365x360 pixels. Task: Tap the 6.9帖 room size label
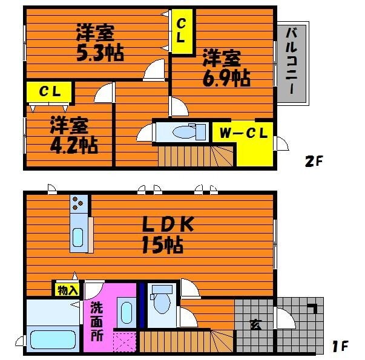click(x=226, y=77)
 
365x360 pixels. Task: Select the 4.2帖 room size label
click(x=73, y=145)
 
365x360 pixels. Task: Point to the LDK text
click(x=168, y=224)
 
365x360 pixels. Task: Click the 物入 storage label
click(x=68, y=290)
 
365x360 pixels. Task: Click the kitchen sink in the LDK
click(x=78, y=238)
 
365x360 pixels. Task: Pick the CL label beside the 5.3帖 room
click(x=181, y=29)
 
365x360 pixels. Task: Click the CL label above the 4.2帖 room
click(x=49, y=92)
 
